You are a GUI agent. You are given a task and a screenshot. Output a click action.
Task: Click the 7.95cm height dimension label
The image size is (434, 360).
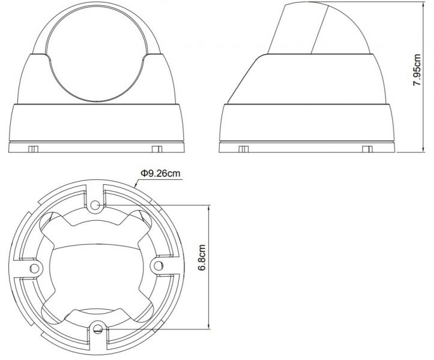click(x=417, y=70)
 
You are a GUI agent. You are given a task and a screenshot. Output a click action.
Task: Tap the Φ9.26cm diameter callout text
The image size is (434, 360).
click(x=160, y=173)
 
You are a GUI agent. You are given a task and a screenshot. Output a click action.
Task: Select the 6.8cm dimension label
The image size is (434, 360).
click(x=202, y=257)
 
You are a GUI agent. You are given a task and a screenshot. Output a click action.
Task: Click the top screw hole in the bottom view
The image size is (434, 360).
click(x=95, y=205)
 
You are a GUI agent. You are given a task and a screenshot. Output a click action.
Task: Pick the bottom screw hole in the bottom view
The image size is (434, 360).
click(x=97, y=328)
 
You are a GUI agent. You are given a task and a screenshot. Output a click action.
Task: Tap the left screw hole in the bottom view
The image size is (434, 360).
click(x=35, y=268)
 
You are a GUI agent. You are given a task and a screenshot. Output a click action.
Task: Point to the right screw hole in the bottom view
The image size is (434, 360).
click(x=158, y=266)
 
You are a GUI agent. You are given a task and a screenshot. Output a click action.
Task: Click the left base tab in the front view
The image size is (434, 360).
click(x=33, y=149)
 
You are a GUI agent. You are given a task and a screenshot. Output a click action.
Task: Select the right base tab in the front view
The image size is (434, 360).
click(x=157, y=149)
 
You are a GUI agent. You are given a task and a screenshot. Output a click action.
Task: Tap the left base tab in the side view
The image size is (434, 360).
click(x=244, y=149)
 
